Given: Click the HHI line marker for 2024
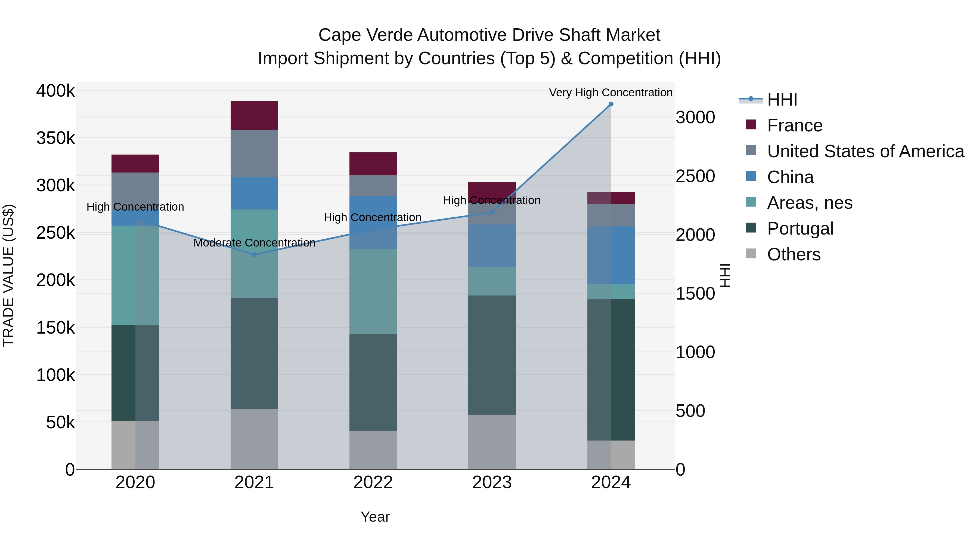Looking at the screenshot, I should point(611,104).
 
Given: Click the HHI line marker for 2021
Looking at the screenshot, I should point(254,254).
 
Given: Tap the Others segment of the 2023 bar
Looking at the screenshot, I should point(492,442).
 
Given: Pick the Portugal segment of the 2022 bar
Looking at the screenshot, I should point(373,382).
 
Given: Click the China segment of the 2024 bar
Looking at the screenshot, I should point(611,255).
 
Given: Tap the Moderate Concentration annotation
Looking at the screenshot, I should point(254,243).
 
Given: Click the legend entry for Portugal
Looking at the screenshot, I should point(800,229).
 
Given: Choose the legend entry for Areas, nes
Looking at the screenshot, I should point(810,203).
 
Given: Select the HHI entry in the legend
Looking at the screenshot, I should point(782,100).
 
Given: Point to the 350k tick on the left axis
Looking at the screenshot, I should point(55,138).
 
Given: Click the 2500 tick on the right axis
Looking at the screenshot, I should point(695,176).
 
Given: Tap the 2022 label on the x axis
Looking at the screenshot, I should point(373,482).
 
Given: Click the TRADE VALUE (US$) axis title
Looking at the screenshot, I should point(8,275).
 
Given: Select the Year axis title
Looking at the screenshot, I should point(375,517).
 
